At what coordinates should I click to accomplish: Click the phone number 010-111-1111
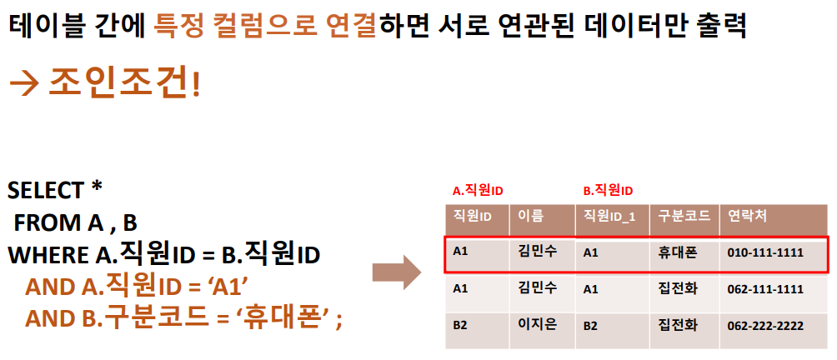pyautogui.click(x=765, y=251)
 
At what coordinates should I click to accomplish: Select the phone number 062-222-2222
pyautogui.click(x=765, y=326)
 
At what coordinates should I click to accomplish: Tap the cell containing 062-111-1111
pyautogui.click(x=765, y=289)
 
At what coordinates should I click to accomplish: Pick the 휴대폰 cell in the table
pyautogui.click(x=677, y=251)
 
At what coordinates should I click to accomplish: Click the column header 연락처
pyautogui.click(x=748, y=216)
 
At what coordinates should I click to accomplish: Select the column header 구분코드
pyautogui.click(x=684, y=216)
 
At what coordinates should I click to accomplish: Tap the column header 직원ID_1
pyautogui.click(x=609, y=217)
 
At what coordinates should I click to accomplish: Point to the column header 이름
pyautogui.click(x=531, y=216)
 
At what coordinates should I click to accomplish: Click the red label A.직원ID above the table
pyautogui.click(x=478, y=190)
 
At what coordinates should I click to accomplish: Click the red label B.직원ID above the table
pyautogui.click(x=607, y=190)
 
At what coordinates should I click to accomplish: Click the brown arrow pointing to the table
pyautogui.click(x=398, y=272)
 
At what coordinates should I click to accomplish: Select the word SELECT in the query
pyautogui.click(x=46, y=190)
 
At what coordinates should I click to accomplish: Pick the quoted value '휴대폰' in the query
pyautogui.click(x=288, y=319)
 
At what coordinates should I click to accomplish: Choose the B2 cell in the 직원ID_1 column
pyautogui.click(x=590, y=326)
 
